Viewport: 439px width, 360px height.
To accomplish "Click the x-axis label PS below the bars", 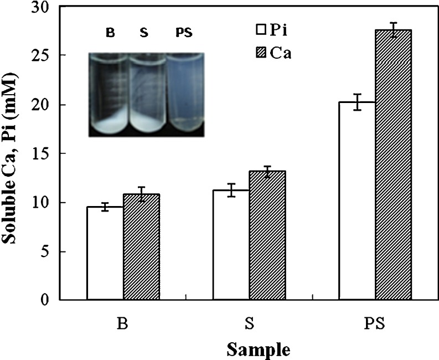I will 375,322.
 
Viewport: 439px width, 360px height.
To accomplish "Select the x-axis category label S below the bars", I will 249,322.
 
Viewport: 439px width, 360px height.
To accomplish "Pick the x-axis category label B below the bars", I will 123,322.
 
